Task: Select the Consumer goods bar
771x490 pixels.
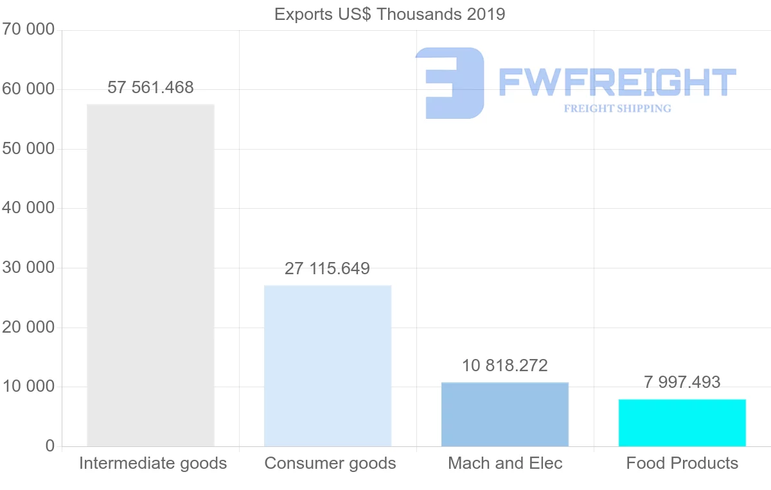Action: pyautogui.click(x=328, y=365)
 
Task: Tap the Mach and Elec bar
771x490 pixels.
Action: pyautogui.click(x=505, y=414)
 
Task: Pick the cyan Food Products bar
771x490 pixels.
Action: pyautogui.click(x=682, y=423)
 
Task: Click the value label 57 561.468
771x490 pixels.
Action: pyautogui.click(x=150, y=87)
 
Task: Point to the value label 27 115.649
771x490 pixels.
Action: pyautogui.click(x=327, y=268)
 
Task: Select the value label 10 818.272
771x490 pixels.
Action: pyautogui.click(x=505, y=365)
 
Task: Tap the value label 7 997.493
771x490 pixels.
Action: pyautogui.click(x=682, y=382)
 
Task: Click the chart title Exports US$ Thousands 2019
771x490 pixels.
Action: pyautogui.click(x=389, y=14)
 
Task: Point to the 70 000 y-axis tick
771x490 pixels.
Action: pyautogui.click(x=27, y=30)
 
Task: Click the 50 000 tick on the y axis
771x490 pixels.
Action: pyautogui.click(x=27, y=149)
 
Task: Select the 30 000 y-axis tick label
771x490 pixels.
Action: pyautogui.click(x=27, y=268)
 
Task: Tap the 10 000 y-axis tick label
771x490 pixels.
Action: pyautogui.click(x=27, y=387)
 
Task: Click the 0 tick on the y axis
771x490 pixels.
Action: pyautogui.click(x=50, y=446)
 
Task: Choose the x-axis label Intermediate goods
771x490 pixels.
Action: pyautogui.click(x=153, y=463)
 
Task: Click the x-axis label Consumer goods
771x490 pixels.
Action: pyautogui.click(x=330, y=463)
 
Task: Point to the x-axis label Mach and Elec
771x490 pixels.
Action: pyautogui.click(x=505, y=463)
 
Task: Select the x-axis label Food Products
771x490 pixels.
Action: pyautogui.click(x=682, y=463)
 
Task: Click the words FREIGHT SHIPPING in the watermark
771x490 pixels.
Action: pyautogui.click(x=617, y=109)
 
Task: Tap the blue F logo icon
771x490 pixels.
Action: pyautogui.click(x=450, y=83)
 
